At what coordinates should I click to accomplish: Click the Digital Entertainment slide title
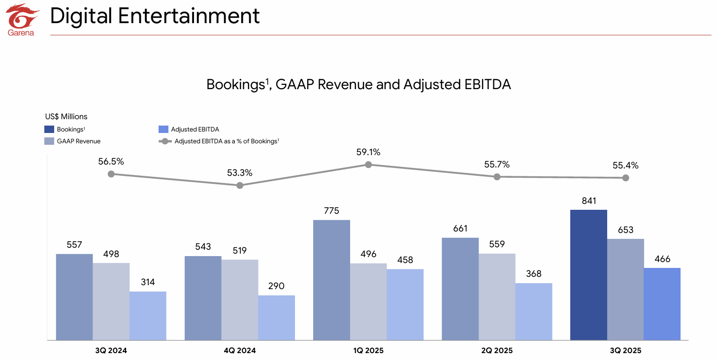[x=155, y=16]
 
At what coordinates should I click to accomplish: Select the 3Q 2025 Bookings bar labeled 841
[x=588, y=274]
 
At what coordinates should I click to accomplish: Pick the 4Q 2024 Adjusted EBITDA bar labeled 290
[x=276, y=318]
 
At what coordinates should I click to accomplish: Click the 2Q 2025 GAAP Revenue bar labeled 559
[x=497, y=296]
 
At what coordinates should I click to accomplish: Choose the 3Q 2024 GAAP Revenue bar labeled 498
[x=111, y=301]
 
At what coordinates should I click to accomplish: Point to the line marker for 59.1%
[x=368, y=164]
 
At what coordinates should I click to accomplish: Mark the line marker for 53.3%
[x=240, y=186]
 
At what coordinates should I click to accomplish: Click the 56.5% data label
[x=111, y=162]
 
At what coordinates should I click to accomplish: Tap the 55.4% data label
[x=625, y=165]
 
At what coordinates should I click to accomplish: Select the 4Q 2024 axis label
[x=240, y=351]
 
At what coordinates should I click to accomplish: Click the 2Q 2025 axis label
[x=497, y=351]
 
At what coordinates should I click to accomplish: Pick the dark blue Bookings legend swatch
[x=49, y=130]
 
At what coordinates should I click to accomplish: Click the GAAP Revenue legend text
[x=79, y=141]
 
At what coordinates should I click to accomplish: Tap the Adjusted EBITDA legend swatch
[x=163, y=130]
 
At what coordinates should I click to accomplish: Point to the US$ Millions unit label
[x=66, y=117]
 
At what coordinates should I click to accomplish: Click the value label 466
[x=662, y=259]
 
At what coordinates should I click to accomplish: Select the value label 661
[x=460, y=229]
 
